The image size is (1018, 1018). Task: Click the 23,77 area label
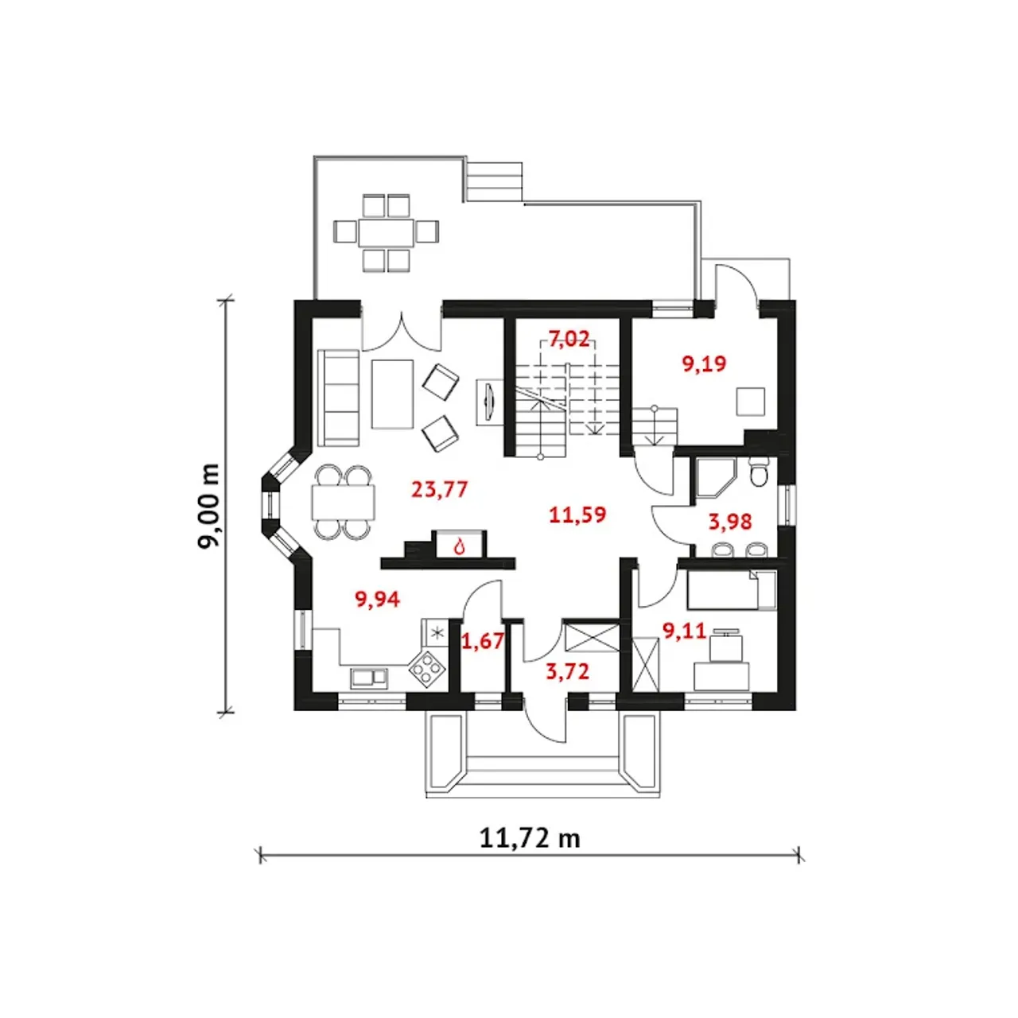click(439, 489)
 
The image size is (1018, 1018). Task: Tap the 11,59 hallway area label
click(577, 515)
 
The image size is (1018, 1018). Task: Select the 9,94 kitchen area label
click(377, 599)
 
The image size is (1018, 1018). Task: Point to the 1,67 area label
click(483, 640)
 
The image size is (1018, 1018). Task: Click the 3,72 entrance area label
click(567, 671)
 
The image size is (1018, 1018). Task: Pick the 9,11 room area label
click(684, 631)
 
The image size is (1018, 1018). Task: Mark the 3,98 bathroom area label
click(730, 522)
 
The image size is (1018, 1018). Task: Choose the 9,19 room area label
click(704, 364)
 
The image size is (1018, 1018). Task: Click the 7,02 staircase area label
click(569, 339)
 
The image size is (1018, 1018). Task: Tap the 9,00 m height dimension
click(209, 506)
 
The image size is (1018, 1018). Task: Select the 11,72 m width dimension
click(529, 837)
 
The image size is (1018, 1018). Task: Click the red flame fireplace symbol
click(459, 546)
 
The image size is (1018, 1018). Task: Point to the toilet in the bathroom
click(758, 472)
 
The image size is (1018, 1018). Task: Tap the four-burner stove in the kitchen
click(427, 668)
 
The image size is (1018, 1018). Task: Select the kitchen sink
click(369, 678)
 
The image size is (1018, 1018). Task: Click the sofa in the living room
click(338, 397)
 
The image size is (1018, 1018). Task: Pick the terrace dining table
click(386, 232)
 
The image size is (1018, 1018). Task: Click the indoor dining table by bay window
click(343, 502)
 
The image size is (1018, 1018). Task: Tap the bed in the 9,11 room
click(730, 590)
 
